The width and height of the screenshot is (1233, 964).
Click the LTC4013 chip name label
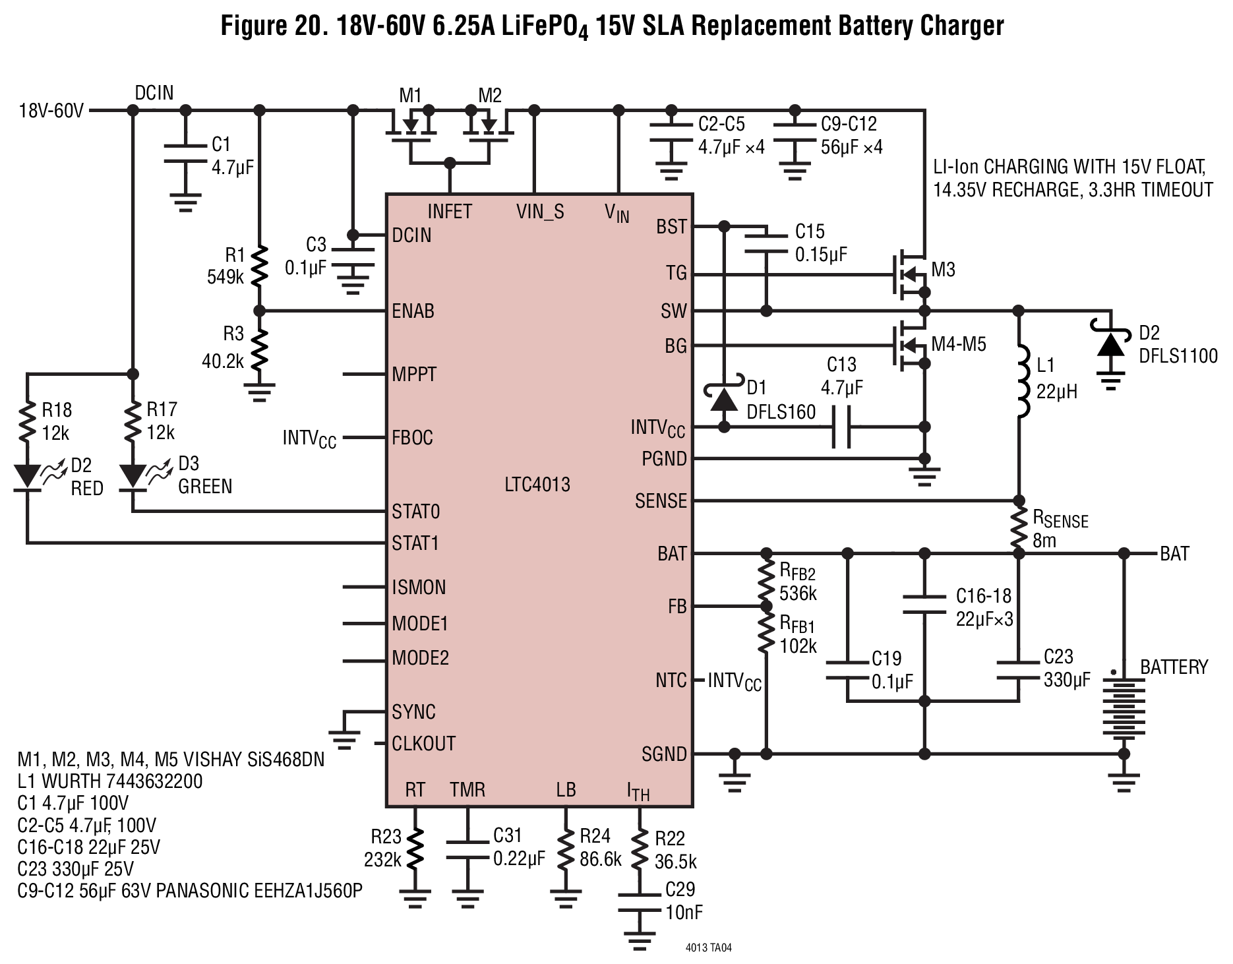pyautogui.click(x=537, y=485)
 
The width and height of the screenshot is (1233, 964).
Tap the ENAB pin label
pyautogui.click(x=413, y=311)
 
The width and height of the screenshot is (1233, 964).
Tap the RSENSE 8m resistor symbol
pyautogui.click(x=1019, y=526)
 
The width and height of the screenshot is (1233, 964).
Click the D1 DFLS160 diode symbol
pyautogui.click(x=724, y=398)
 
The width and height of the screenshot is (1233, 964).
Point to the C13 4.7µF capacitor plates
pyautogui.click(x=841, y=427)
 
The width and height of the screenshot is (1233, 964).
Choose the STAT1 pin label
pyautogui.click(x=415, y=543)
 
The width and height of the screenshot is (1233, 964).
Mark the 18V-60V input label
pyautogui.click(x=51, y=110)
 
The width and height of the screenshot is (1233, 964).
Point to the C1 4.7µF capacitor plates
pyautogui.click(x=186, y=152)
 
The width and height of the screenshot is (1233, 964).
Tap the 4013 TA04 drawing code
pyautogui.click(x=709, y=948)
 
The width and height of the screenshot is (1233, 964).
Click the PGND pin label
pyautogui.click(x=664, y=459)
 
